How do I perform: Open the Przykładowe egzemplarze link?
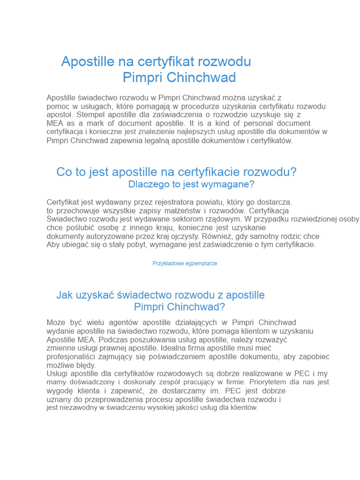coord(185,263)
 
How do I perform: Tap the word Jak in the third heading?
coord(65,295)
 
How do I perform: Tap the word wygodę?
coord(60,391)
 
